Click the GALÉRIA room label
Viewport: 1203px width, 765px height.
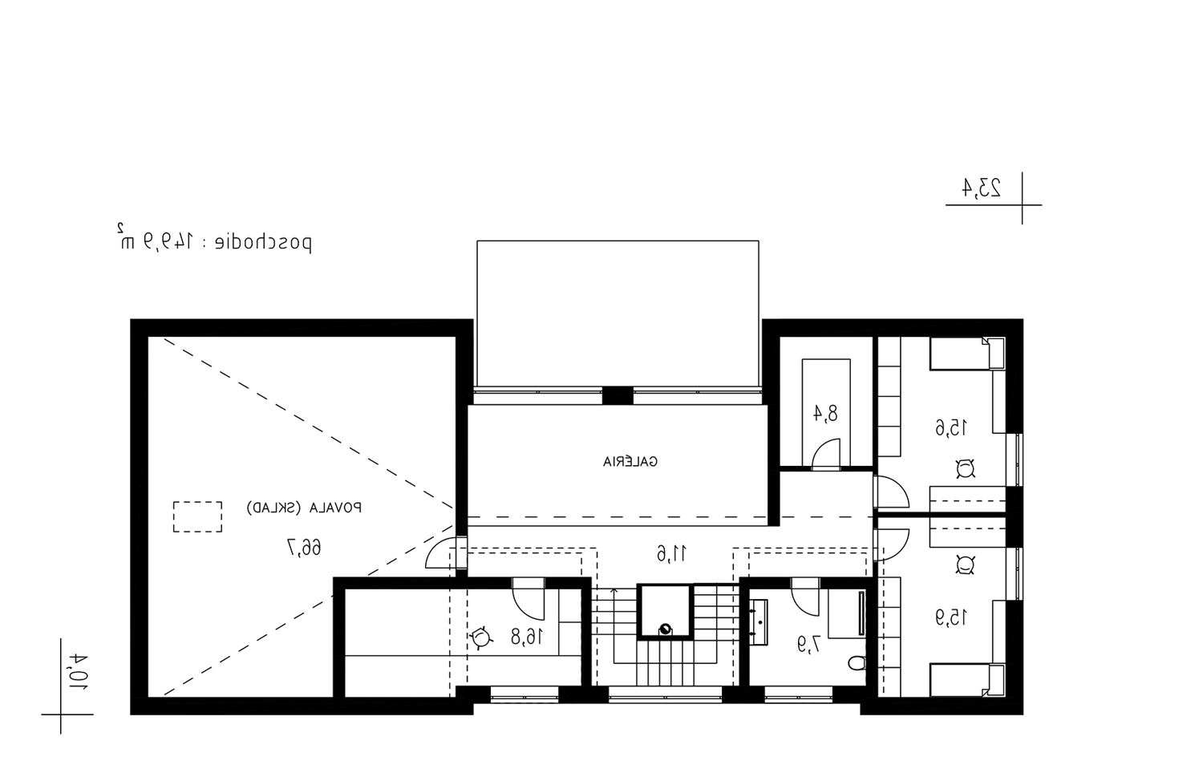[x=630, y=461]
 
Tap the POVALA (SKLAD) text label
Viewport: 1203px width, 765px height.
[x=304, y=508]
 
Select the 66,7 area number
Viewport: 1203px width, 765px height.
[x=304, y=548]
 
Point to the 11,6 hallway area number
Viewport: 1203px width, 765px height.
[x=672, y=553]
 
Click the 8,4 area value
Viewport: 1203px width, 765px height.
[x=824, y=413]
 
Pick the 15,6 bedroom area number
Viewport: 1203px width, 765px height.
[x=951, y=428]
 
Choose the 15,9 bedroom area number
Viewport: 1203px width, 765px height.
[x=951, y=617]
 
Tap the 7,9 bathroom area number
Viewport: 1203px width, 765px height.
[x=809, y=644]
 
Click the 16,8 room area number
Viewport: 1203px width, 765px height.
[x=527, y=637]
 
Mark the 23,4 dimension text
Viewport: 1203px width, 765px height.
[x=981, y=188]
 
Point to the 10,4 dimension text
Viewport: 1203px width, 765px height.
[x=79, y=671]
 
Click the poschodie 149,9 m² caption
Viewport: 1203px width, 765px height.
[x=214, y=241]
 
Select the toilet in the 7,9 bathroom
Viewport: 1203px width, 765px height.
[x=857, y=663]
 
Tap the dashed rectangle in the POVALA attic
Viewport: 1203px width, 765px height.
[x=197, y=517]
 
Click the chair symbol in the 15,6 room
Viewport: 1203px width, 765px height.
[x=965, y=468]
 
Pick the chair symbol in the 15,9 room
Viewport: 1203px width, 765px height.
[x=965, y=565]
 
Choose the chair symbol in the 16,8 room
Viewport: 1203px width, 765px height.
[x=480, y=637]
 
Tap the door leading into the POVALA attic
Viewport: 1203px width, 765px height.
[x=440, y=552]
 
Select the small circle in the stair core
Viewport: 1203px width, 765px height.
[x=665, y=629]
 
